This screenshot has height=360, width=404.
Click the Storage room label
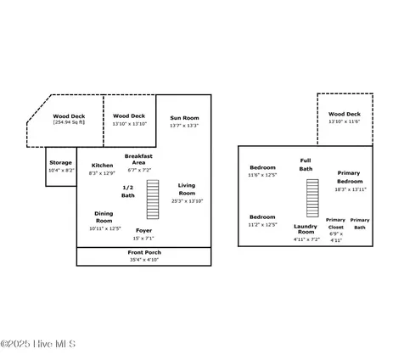[x=60, y=163]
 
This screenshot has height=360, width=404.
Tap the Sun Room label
[x=184, y=118]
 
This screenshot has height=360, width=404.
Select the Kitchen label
[x=102, y=166]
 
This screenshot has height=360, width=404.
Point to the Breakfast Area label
[x=138, y=160]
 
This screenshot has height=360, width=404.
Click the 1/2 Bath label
[x=128, y=192]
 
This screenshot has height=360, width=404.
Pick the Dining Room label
[x=104, y=217]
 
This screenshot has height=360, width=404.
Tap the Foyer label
[x=143, y=231]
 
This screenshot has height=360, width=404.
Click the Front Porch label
[x=144, y=252]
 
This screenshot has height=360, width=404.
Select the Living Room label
[x=187, y=189]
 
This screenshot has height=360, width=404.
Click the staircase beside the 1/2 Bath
[x=153, y=200]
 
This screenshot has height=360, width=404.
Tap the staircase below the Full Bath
[x=312, y=198]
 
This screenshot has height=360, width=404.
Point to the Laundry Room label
[x=306, y=229]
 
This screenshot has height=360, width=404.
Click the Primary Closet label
[x=336, y=223]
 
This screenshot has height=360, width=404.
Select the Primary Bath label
[x=360, y=223]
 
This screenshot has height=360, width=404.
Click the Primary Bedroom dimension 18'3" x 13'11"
[x=351, y=189]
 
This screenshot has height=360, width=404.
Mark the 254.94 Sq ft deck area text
[x=69, y=122]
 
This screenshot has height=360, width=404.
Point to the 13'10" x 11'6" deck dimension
[x=345, y=121]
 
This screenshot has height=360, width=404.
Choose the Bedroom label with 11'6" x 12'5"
[x=262, y=167]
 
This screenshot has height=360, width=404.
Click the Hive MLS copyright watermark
[x=38, y=344]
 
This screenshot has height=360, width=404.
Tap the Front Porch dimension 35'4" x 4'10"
[x=144, y=260]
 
